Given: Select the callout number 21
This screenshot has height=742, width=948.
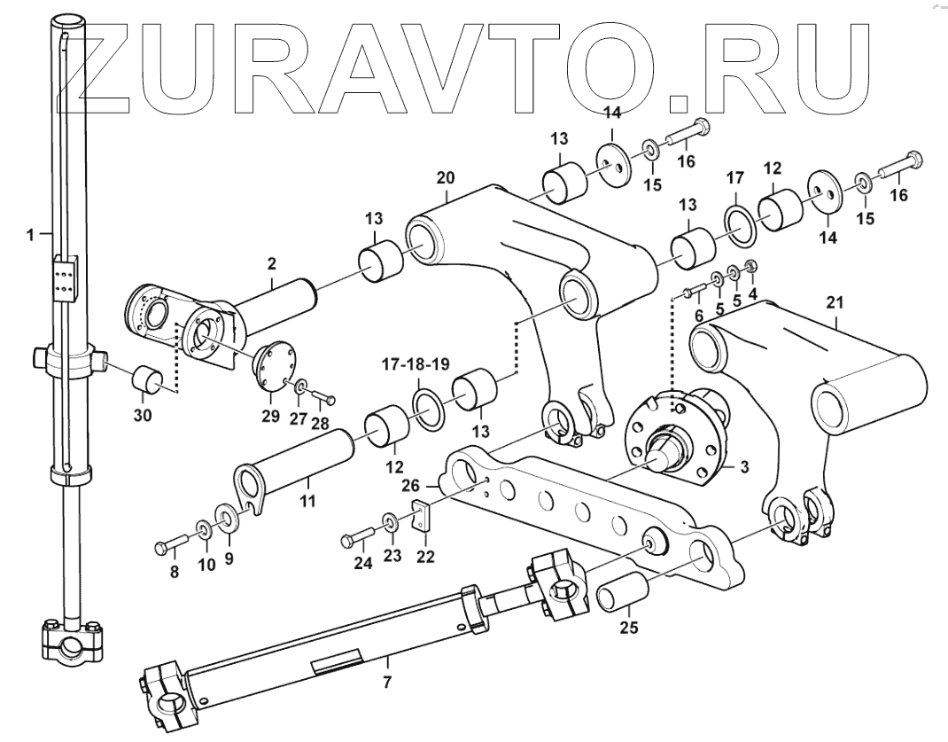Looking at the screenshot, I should point(835,302).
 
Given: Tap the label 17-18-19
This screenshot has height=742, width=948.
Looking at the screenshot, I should point(415,363).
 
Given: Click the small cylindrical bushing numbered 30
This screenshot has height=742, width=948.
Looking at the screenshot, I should point(149,381).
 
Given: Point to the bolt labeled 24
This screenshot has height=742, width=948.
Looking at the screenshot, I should point(361,538).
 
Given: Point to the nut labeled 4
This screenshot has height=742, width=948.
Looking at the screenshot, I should point(752,265).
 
